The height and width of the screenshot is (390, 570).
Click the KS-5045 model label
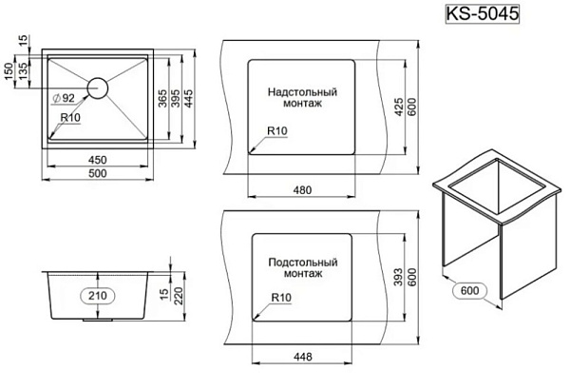tap(482, 14)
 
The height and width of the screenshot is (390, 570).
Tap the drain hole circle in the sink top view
tap(98, 88)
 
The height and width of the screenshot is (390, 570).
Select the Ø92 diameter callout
tap(64, 98)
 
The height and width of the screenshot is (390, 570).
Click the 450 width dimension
tap(98, 160)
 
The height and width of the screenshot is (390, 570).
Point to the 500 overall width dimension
tap(98, 173)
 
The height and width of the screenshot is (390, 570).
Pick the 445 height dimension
tap(188, 98)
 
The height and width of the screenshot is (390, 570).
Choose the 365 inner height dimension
tap(162, 98)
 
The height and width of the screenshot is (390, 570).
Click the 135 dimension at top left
tap(23, 71)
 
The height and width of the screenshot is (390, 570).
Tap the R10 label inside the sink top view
tap(70, 118)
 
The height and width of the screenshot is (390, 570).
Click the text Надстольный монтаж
tap(302, 97)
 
